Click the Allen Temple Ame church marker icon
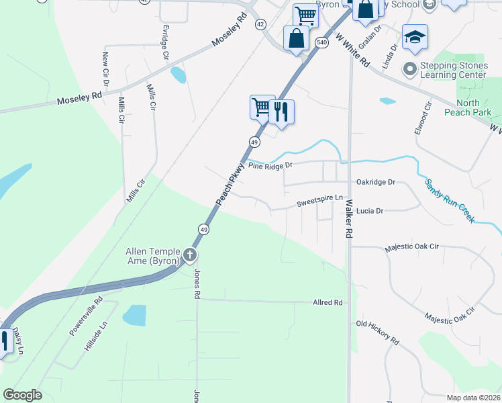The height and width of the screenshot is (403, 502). (190, 255)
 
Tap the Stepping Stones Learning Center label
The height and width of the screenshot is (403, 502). (453, 70)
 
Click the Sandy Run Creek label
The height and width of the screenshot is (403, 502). (449, 201)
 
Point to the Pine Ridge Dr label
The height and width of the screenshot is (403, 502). (270, 165)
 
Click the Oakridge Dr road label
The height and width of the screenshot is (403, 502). (376, 182)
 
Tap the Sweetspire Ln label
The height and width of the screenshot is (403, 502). (319, 204)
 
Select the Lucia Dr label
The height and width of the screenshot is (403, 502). (369, 211)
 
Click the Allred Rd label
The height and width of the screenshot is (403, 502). (328, 303)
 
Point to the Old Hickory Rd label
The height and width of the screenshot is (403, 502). (377, 332)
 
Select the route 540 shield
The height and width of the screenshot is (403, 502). (321, 42)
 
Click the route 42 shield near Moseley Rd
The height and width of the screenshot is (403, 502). (260, 24)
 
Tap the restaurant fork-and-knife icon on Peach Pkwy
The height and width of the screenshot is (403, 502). (282, 111)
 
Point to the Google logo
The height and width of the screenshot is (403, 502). (22, 395)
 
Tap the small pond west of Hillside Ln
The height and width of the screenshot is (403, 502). (134, 314)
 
